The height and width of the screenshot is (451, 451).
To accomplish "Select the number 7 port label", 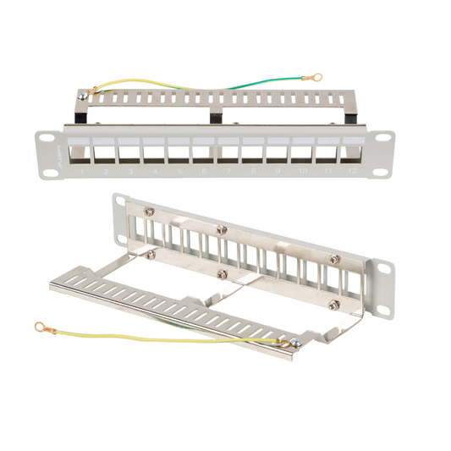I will [x=228, y=173].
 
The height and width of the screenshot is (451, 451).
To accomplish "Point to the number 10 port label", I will [x=302, y=173].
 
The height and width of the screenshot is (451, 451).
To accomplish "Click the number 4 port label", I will [x=155, y=173].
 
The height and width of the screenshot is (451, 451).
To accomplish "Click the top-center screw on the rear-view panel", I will [x=223, y=231].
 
